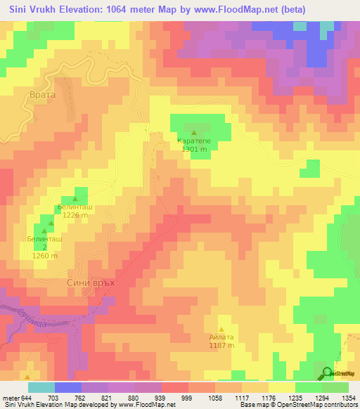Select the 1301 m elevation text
tap(193, 149)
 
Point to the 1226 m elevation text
tap(75, 216)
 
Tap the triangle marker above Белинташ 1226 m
tap(75, 199)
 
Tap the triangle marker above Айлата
tap(222, 329)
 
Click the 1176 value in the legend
tap(268, 398)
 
